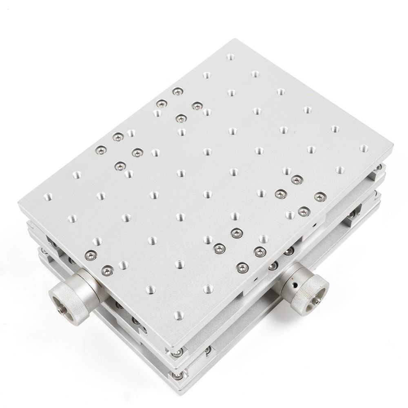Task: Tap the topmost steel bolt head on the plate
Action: click(x=177, y=92)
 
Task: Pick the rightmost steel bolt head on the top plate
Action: click(x=319, y=197)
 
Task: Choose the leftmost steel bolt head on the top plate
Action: click(x=90, y=255)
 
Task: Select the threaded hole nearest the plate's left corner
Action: click(x=47, y=196)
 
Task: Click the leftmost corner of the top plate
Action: click(x=19, y=204)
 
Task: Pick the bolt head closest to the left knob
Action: click(x=107, y=269)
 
